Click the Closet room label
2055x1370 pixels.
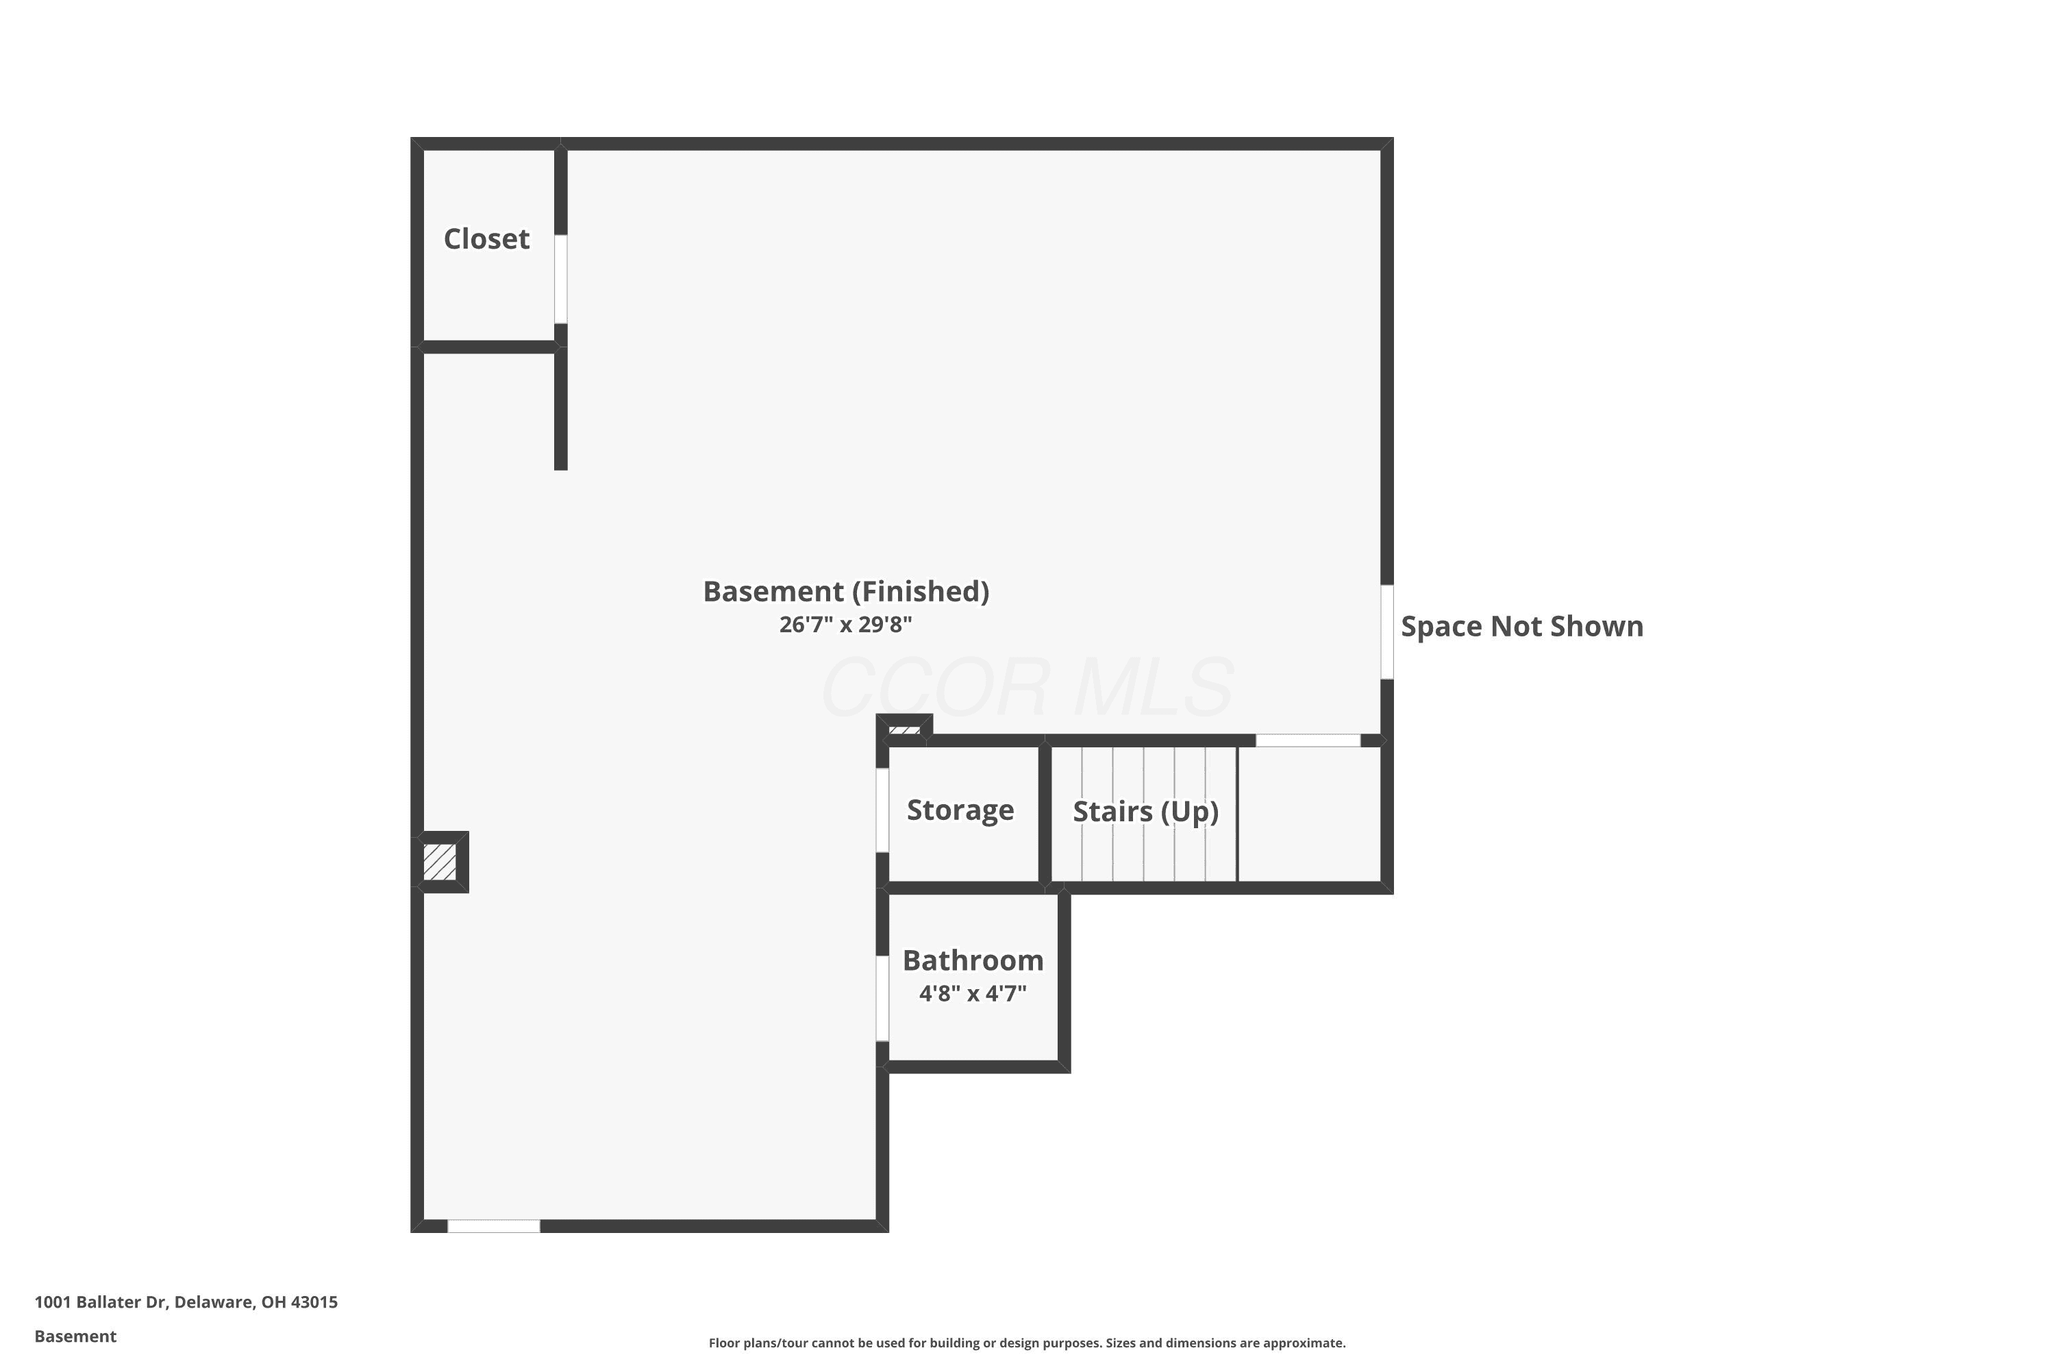point(486,238)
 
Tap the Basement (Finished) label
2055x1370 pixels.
point(846,592)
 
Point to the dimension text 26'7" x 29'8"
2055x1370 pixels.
point(846,625)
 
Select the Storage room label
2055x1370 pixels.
point(960,810)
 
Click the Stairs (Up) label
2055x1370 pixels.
point(1145,812)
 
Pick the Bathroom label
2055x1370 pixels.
point(973,960)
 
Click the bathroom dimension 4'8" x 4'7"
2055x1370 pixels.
point(973,993)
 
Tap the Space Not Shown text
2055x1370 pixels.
point(1522,627)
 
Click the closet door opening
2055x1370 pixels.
point(561,279)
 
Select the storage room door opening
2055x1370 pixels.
point(882,810)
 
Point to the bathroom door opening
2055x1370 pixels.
point(882,998)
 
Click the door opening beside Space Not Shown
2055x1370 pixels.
point(1386,632)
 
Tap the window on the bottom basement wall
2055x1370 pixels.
point(494,1226)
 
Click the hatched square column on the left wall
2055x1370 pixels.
point(440,862)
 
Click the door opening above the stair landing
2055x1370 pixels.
point(1308,740)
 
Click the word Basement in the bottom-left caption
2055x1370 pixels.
point(75,1336)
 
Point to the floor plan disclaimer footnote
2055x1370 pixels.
point(1027,1343)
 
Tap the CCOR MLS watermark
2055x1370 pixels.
point(1027,688)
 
